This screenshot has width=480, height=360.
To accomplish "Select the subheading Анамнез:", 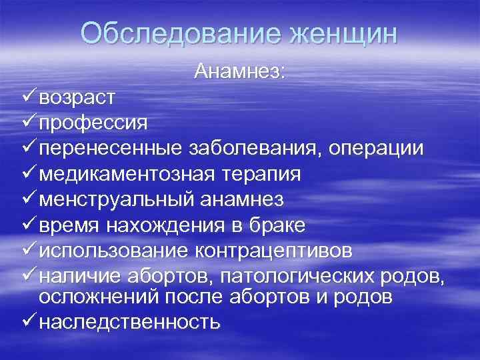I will click(x=240, y=71).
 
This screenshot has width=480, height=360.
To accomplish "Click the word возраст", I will click(x=77, y=98).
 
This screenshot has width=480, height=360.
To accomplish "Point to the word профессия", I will click(x=93, y=123).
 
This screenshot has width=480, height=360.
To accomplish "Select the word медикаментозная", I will click(x=126, y=174).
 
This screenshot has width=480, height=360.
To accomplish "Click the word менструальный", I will click(x=116, y=199).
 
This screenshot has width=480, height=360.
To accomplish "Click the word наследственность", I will click(x=129, y=322).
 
